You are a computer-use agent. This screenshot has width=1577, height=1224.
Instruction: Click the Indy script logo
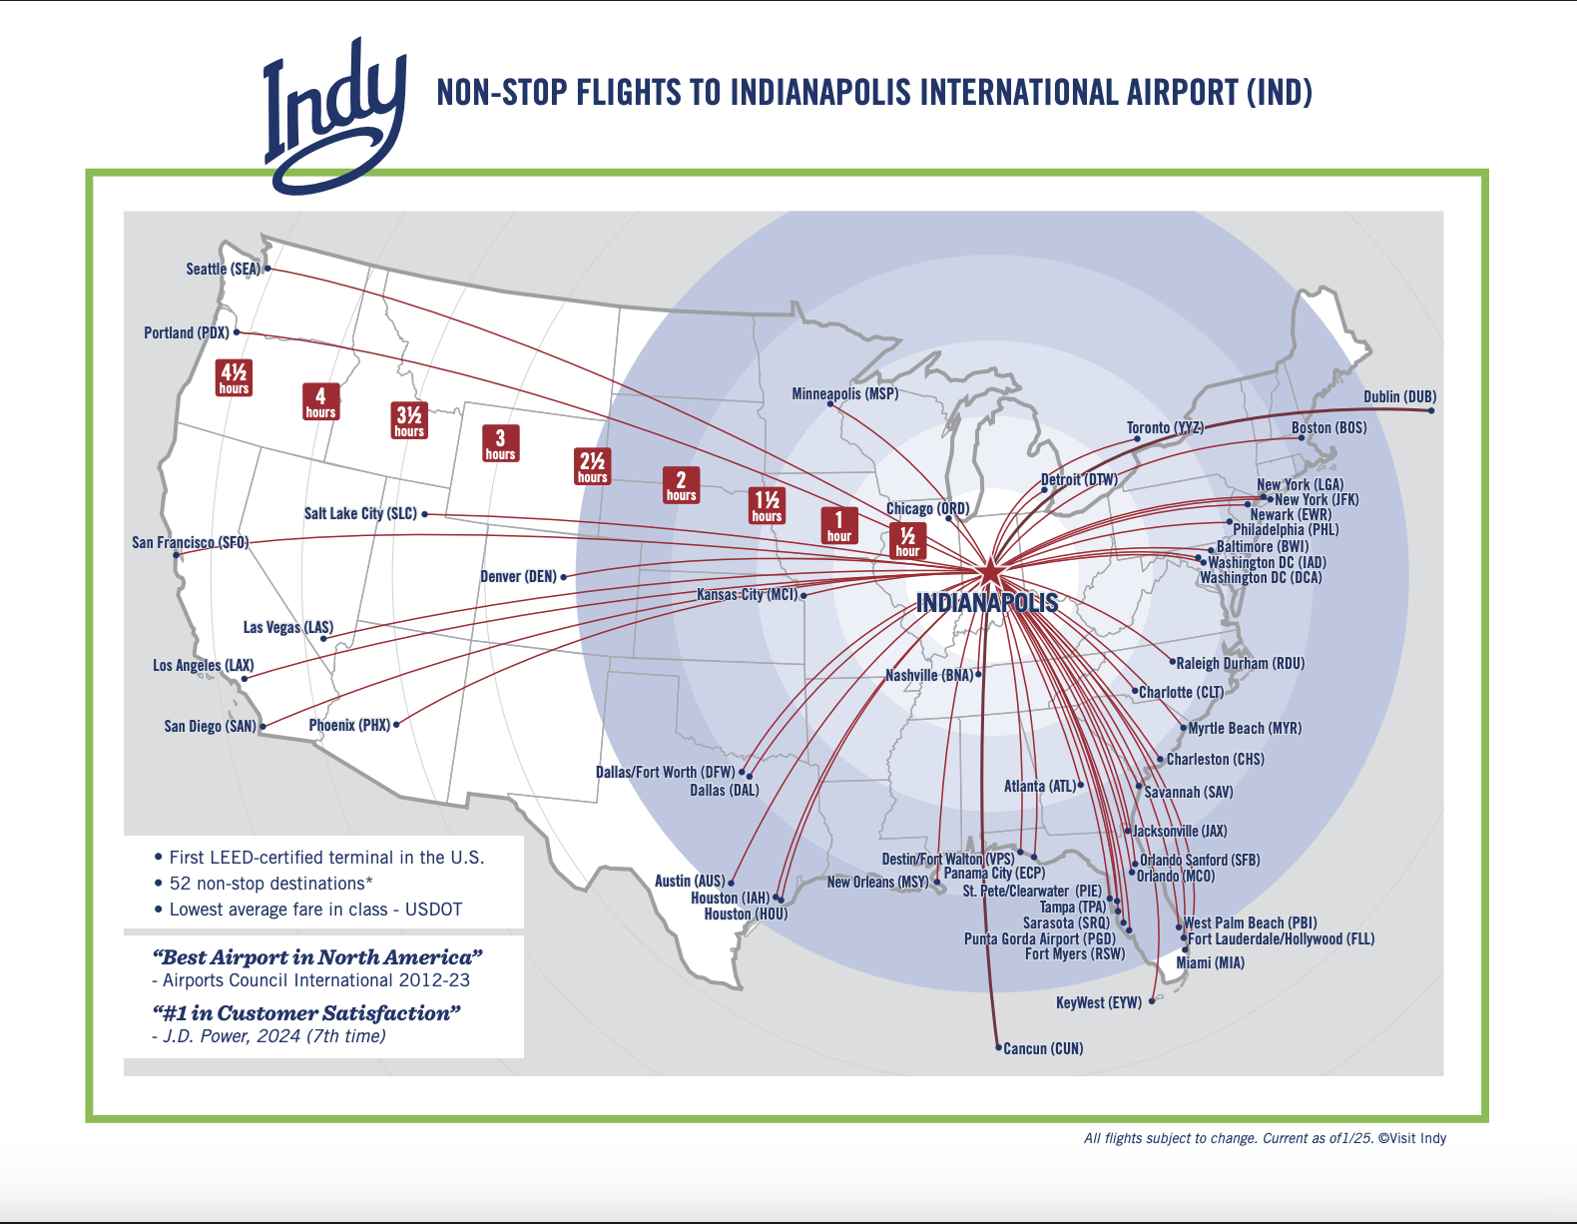click(x=334, y=115)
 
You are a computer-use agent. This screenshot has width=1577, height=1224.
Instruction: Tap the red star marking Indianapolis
click(x=989, y=573)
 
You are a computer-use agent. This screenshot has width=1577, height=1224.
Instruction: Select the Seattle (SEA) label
click(x=223, y=269)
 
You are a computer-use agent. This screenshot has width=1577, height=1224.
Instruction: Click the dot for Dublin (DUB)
click(x=1431, y=410)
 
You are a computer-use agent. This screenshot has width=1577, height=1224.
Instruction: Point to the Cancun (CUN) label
click(x=1043, y=1048)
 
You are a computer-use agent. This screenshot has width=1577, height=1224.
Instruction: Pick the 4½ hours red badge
click(x=234, y=378)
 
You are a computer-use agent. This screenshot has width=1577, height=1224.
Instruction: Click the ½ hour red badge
click(x=907, y=540)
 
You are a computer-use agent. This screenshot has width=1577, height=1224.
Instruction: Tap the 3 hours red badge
click(x=500, y=442)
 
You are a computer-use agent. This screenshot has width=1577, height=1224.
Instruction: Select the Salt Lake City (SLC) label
click(x=360, y=513)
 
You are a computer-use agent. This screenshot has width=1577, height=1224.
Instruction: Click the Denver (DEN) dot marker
click(x=564, y=577)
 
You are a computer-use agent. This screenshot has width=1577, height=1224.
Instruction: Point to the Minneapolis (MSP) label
click(x=844, y=393)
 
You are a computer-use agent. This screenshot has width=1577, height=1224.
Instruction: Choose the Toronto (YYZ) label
click(x=1165, y=427)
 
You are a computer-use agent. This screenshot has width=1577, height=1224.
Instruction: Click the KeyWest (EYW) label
click(x=1098, y=1002)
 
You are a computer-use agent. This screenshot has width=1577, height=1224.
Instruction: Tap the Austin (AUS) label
click(x=690, y=881)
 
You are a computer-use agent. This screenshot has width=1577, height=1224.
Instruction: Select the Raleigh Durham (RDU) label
click(x=1240, y=663)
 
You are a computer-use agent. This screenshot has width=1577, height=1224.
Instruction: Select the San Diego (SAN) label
click(x=210, y=726)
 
